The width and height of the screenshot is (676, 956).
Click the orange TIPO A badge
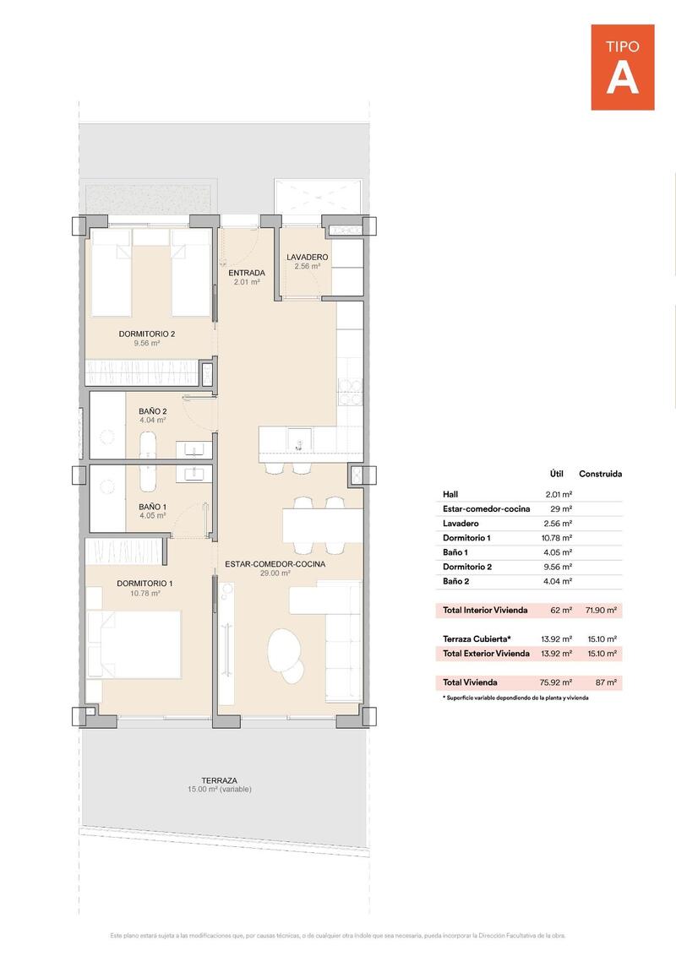tap(622, 67)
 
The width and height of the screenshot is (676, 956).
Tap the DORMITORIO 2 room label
tap(146, 334)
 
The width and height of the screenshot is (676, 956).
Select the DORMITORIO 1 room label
tap(144, 584)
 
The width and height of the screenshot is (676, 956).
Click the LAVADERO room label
tap(307, 258)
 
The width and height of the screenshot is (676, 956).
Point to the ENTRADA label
tap(248, 274)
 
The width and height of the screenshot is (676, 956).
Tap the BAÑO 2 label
tap(152, 412)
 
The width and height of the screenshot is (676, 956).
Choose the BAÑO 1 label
tap(152, 507)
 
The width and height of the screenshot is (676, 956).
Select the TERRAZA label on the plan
tap(219, 781)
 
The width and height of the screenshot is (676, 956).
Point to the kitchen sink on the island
tap(298, 440)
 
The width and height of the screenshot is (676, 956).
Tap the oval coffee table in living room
tap(281, 649)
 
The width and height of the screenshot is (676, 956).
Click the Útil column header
tap(556, 474)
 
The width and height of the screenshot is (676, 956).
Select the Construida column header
tap(600, 474)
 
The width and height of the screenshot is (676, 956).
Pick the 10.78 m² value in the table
tap(559, 537)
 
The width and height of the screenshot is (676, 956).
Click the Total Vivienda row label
tap(470, 682)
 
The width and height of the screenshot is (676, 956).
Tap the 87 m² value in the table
tap(606, 682)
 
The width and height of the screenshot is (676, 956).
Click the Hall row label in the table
tap(450, 494)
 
